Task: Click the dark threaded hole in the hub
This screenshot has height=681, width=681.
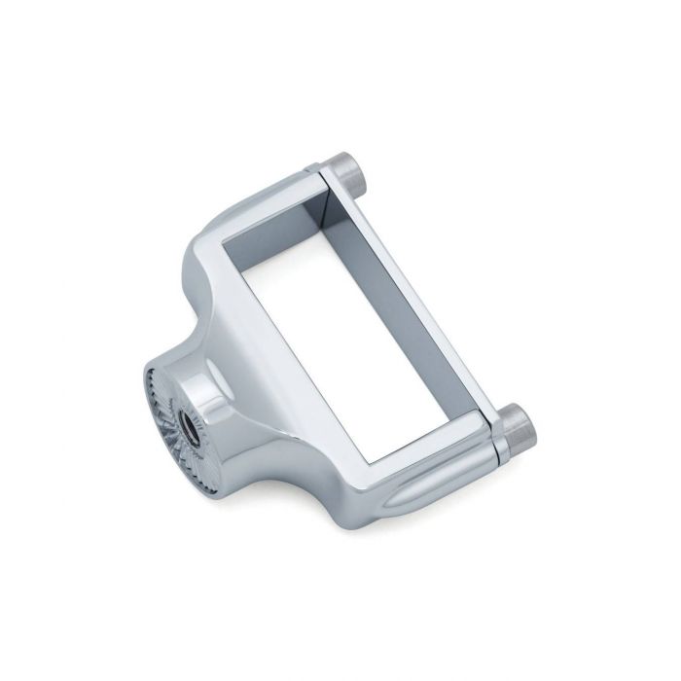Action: pos(186,399)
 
